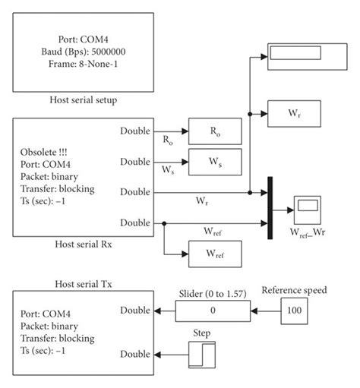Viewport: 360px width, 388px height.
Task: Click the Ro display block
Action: (x=215, y=131)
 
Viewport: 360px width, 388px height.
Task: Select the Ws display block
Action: (x=215, y=161)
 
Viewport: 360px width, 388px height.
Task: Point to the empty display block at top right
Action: (x=304, y=55)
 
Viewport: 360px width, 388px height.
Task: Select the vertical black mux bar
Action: (x=269, y=207)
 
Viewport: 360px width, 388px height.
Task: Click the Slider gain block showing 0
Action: (x=213, y=311)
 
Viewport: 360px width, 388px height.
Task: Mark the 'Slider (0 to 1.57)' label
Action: (x=213, y=293)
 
